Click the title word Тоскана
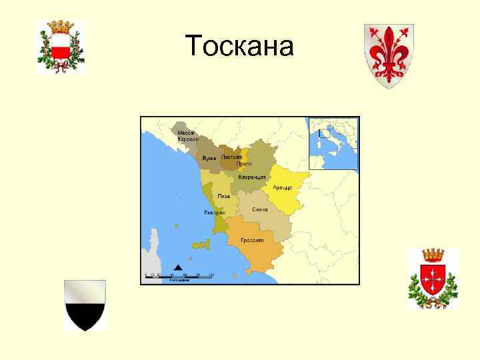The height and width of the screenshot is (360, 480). pyautogui.click(x=240, y=46)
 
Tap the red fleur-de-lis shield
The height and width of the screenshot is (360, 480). pyautogui.click(x=388, y=55)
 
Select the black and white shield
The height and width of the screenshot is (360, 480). pyautogui.click(x=85, y=305)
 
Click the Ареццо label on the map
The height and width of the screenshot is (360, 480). pyautogui.click(x=282, y=187)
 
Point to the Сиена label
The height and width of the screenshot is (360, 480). pyautogui.click(x=260, y=209)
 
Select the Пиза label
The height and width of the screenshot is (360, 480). pyautogui.click(x=224, y=197)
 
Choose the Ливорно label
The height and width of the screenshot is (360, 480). pyautogui.click(x=215, y=213)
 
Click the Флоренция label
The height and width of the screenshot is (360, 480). pyautogui.click(x=253, y=177)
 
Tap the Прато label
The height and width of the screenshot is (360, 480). pyautogui.click(x=244, y=164)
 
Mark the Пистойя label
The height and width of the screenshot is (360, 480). pyautogui.click(x=231, y=157)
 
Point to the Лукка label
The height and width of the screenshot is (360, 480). pyautogui.click(x=209, y=158)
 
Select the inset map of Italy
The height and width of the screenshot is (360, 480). pyautogui.click(x=333, y=143)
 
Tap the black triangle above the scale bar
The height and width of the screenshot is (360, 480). pyautogui.click(x=178, y=267)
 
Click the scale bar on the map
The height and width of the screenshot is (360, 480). pyautogui.click(x=179, y=276)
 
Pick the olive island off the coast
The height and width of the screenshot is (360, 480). pyautogui.click(x=200, y=245)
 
